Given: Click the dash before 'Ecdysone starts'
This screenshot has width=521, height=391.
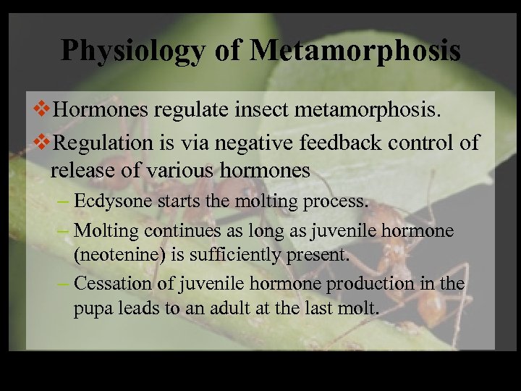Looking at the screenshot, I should tap(62, 201).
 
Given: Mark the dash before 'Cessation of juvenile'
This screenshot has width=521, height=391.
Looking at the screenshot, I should tap(62, 283).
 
